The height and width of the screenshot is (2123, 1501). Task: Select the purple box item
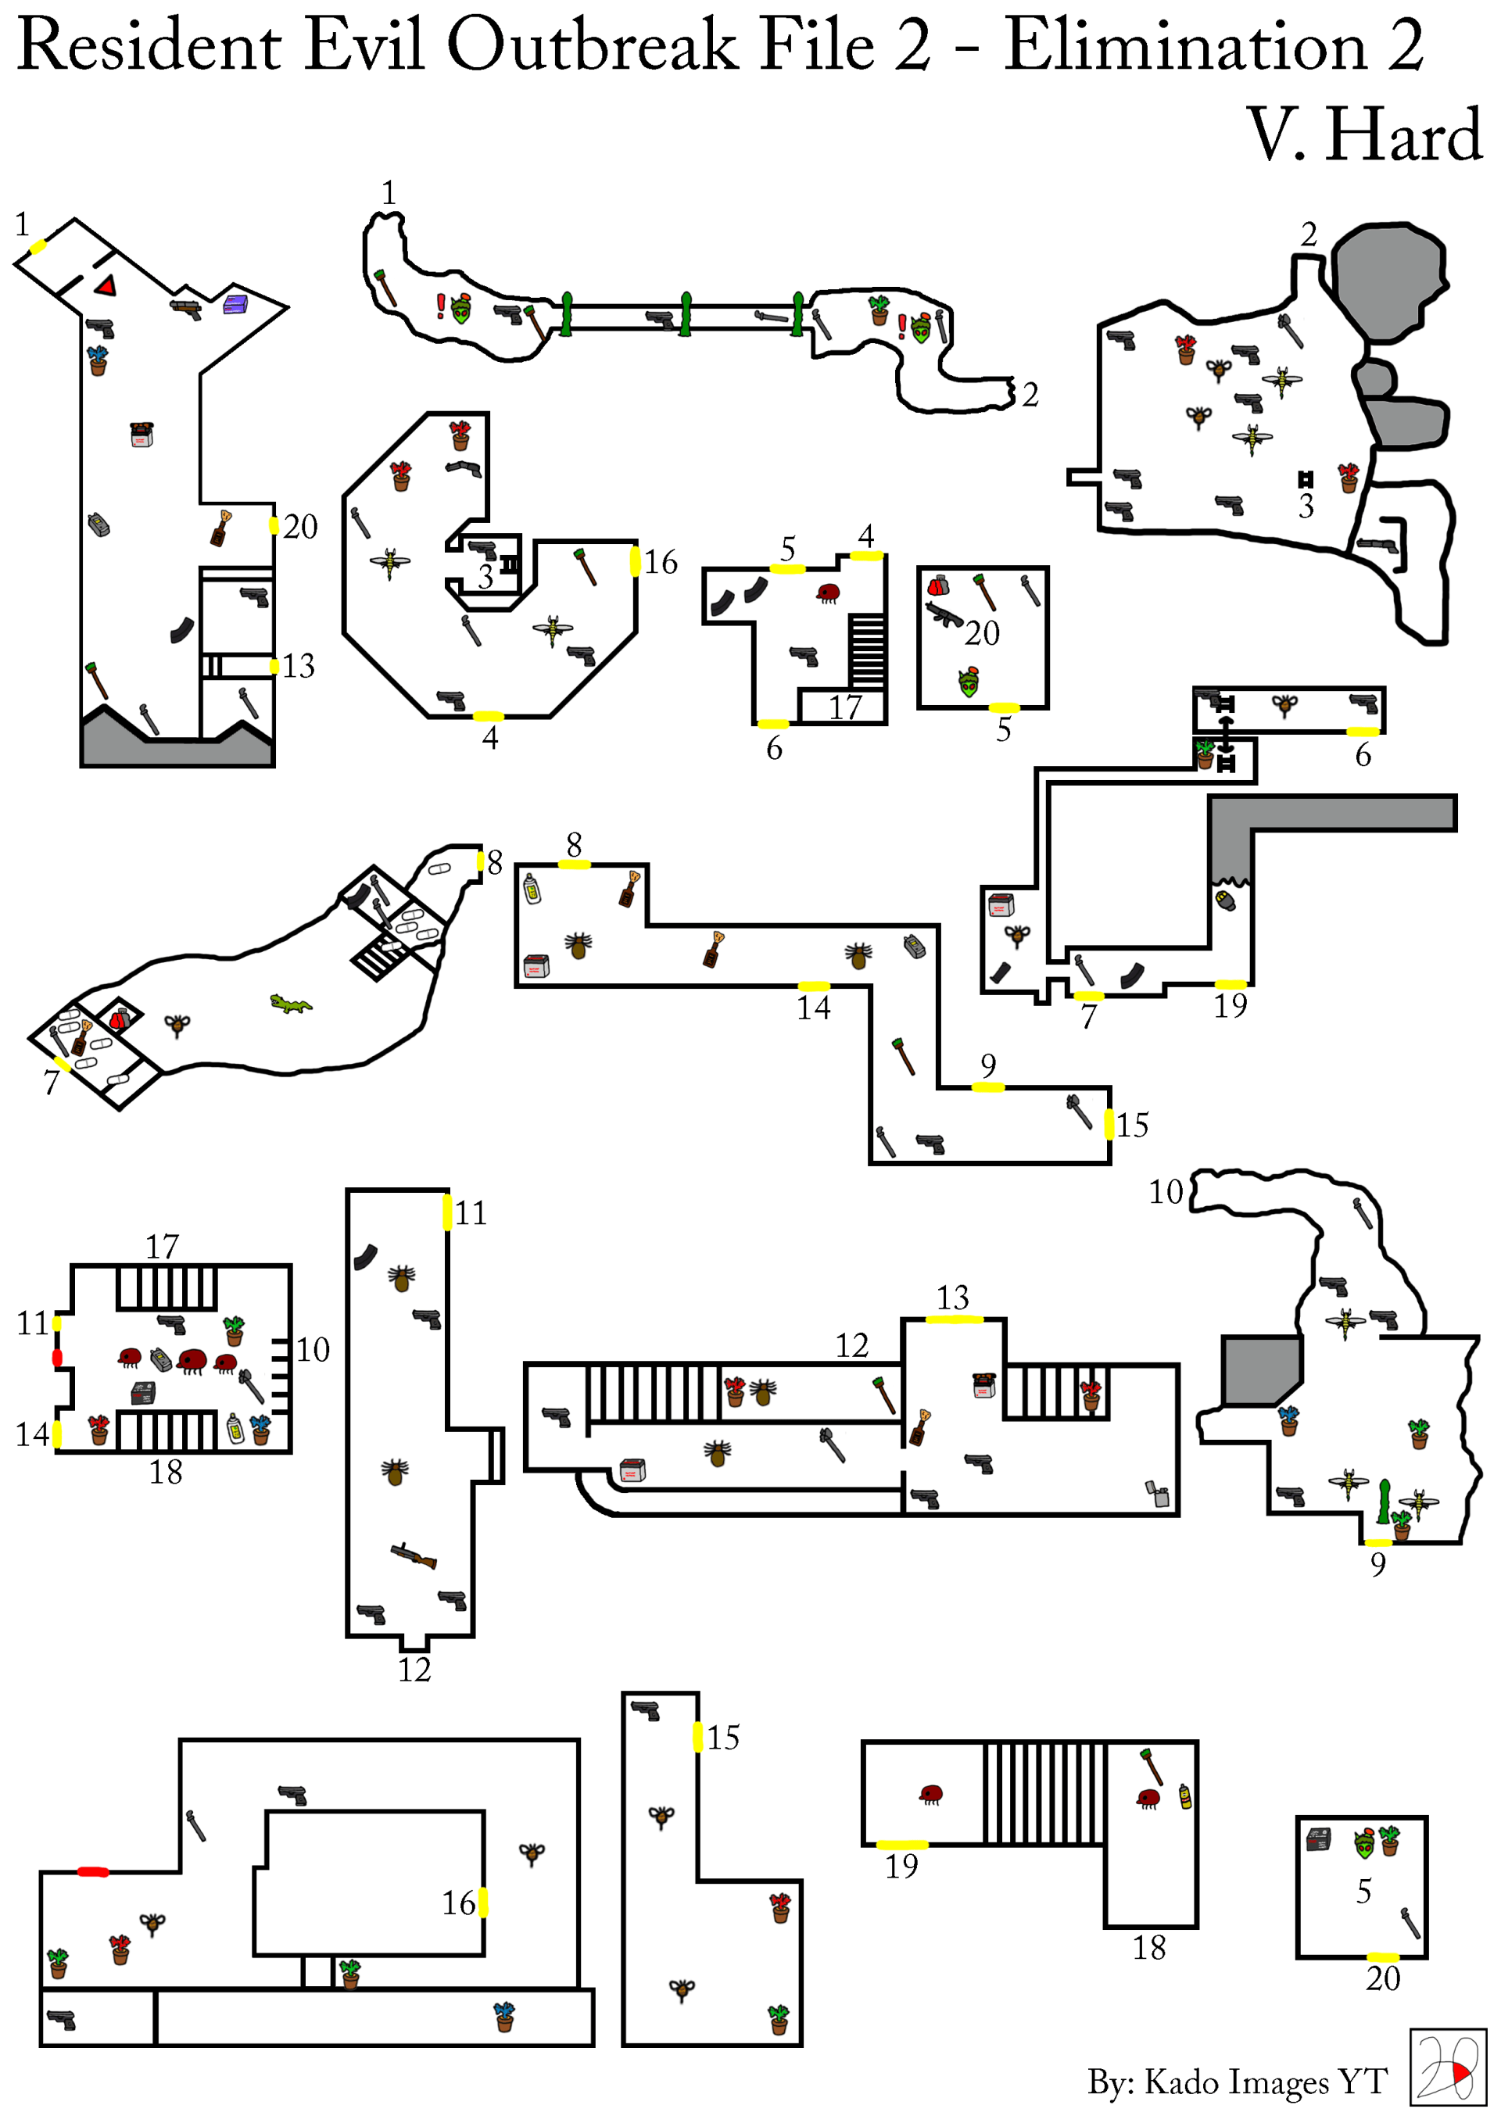(x=236, y=303)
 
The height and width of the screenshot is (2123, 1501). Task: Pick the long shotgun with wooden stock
(x=414, y=1556)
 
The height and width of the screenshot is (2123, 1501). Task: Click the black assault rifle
(x=944, y=615)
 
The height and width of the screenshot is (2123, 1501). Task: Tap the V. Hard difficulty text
(x=1365, y=135)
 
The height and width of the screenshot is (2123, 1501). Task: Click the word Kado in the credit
(x=1183, y=2082)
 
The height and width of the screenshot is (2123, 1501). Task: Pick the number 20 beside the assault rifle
(x=981, y=633)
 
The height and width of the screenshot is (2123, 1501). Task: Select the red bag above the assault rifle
(x=938, y=585)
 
